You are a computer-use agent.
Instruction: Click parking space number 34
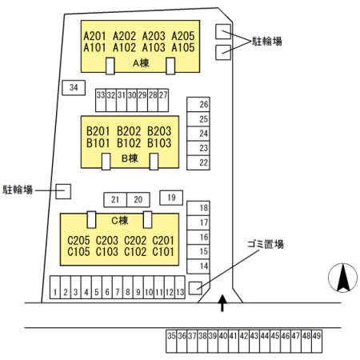click(x=74, y=87)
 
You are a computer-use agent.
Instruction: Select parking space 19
click(x=171, y=198)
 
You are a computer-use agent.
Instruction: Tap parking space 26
click(x=198, y=104)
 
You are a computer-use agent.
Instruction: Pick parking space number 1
click(x=55, y=287)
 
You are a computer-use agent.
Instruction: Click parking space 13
click(x=180, y=287)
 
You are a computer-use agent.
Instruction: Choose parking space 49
click(x=317, y=342)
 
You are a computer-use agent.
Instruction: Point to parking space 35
click(x=171, y=342)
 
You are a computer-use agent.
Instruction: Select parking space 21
click(x=115, y=200)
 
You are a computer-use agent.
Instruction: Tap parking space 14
click(x=198, y=266)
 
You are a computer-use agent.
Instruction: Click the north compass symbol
click(x=343, y=278)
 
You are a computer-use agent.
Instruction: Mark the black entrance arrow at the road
click(x=222, y=303)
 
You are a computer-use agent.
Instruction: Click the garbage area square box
click(x=195, y=288)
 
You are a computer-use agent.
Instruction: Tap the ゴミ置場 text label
click(x=266, y=244)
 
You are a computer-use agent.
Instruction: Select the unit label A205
click(x=183, y=36)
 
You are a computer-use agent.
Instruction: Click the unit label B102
click(x=129, y=143)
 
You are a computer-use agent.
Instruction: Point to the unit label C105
click(x=78, y=251)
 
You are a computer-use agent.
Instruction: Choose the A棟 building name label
click(x=141, y=63)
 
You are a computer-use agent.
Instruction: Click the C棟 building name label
click(x=119, y=221)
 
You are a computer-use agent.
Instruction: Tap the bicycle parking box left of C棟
click(x=63, y=191)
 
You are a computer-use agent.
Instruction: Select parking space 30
click(x=132, y=100)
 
